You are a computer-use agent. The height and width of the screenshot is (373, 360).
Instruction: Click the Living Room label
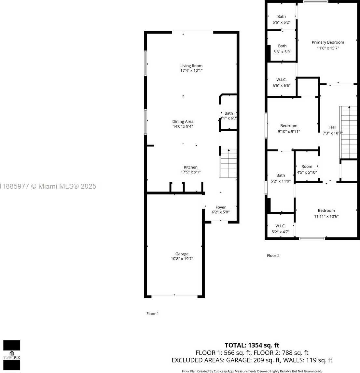click(191, 66)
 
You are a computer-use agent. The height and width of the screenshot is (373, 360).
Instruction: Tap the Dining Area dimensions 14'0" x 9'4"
click(183, 126)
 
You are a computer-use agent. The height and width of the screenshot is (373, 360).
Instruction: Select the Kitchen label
click(190, 167)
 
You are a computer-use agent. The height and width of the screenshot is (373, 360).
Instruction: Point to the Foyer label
click(220, 207)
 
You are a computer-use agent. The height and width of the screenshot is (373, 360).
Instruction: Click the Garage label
click(182, 254)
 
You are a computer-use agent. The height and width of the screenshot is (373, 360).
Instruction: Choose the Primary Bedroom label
click(328, 42)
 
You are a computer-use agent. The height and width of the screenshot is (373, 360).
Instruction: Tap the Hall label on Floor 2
click(333, 127)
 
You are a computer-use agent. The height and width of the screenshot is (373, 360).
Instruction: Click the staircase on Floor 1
click(228, 164)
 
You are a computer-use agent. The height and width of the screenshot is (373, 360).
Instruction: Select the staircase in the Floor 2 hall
click(348, 132)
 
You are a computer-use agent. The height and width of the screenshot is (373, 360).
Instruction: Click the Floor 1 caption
click(153, 313)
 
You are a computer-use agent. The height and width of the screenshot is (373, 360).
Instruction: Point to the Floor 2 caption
click(273, 255)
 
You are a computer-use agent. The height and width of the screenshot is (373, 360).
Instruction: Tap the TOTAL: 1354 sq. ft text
click(252, 345)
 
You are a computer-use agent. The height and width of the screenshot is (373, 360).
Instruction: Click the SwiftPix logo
click(12, 355)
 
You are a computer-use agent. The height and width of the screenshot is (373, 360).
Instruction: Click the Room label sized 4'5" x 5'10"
click(307, 166)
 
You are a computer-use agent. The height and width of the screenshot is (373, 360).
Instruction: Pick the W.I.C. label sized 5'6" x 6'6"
click(281, 80)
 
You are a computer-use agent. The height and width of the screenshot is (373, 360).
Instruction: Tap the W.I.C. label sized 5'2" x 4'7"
click(280, 226)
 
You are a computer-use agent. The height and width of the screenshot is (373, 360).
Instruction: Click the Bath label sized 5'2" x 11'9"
click(281, 175)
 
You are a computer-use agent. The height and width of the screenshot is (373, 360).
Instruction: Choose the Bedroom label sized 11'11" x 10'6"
click(326, 210)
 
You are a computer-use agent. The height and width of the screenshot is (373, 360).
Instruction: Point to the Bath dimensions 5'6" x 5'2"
click(281, 22)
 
